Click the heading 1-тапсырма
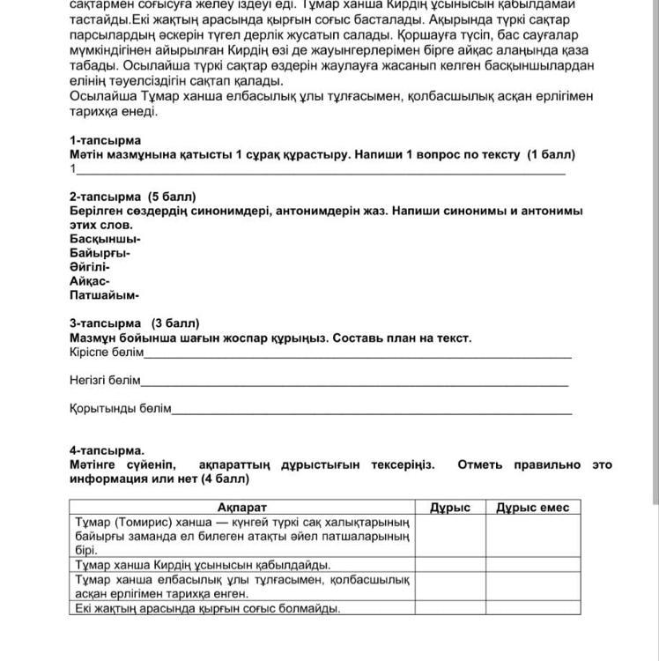coord(105,141)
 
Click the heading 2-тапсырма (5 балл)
coord(132,197)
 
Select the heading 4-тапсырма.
coord(107,450)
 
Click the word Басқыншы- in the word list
coord(105,239)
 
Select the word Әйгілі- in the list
coord(90,267)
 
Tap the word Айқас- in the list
coord(90,281)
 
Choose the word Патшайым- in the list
coord(104,295)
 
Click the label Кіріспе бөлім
coord(107,353)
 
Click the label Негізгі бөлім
coord(105,381)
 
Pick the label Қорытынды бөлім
coord(121,409)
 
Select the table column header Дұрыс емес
coord(532,508)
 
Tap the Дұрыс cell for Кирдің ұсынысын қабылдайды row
coord(449,565)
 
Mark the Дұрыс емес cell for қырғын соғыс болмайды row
coord(532,608)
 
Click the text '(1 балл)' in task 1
coord(551,155)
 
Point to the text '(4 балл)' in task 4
coord(224,479)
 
